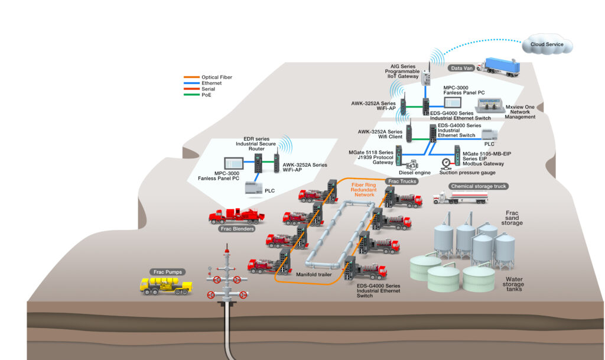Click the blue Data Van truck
501,67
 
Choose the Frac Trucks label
402,181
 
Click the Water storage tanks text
513,283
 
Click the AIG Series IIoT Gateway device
427,77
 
